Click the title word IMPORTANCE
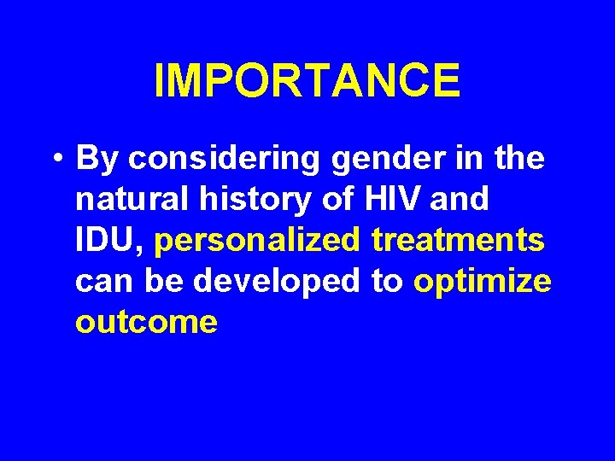[307, 80]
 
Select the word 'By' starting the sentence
[94, 159]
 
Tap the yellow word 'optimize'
[483, 282]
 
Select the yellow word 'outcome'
[146, 323]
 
